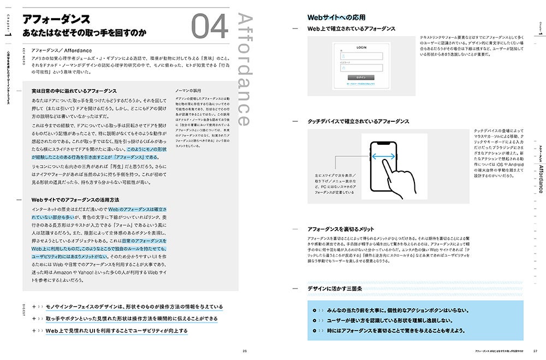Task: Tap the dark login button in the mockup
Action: (361, 78)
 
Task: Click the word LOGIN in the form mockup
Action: (361, 48)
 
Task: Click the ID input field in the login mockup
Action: (361, 57)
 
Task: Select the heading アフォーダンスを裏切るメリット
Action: (340, 229)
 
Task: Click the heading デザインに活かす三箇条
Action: (335, 288)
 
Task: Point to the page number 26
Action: (245, 351)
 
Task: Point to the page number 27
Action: (536, 351)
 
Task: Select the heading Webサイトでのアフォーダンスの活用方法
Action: (75, 200)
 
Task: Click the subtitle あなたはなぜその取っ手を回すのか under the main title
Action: (84, 33)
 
